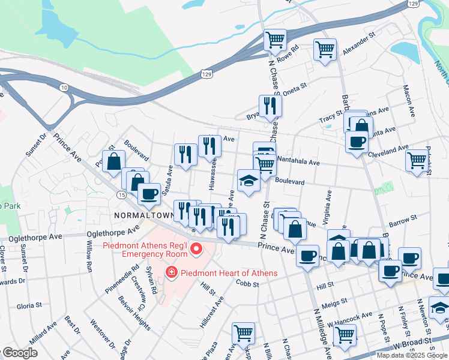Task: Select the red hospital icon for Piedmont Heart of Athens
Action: point(172,273)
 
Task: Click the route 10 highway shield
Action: point(64,88)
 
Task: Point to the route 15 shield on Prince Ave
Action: point(121,196)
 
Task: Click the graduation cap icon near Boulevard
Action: point(249,180)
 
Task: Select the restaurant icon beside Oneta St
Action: point(270,106)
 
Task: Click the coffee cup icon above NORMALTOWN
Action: point(149,193)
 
